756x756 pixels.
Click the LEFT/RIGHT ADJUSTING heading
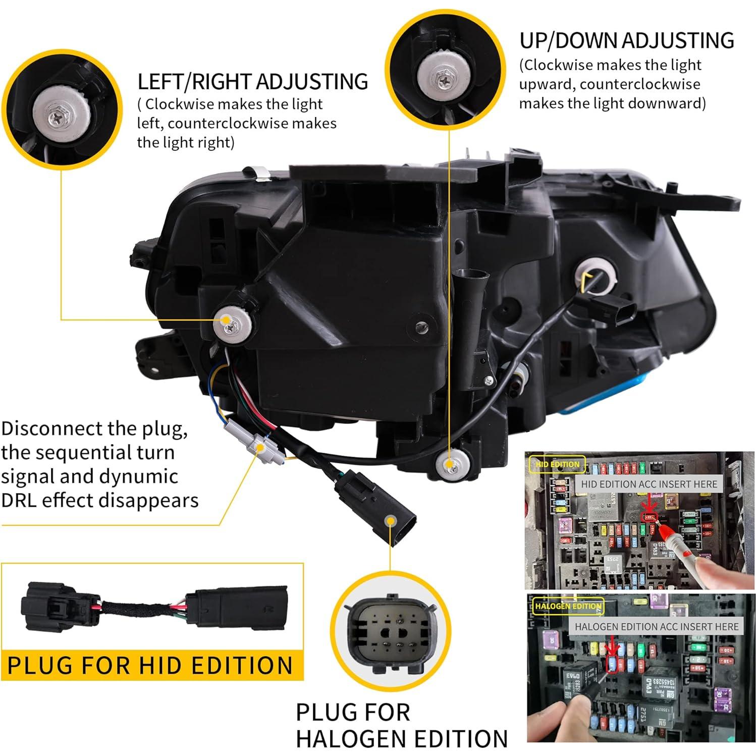pos(252,82)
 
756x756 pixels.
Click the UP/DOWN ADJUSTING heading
pos(626,41)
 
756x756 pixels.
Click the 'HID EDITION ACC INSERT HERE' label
pos(649,484)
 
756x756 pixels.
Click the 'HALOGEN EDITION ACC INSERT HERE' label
pos(656,626)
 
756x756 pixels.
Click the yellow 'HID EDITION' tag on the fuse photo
pos(557,464)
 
